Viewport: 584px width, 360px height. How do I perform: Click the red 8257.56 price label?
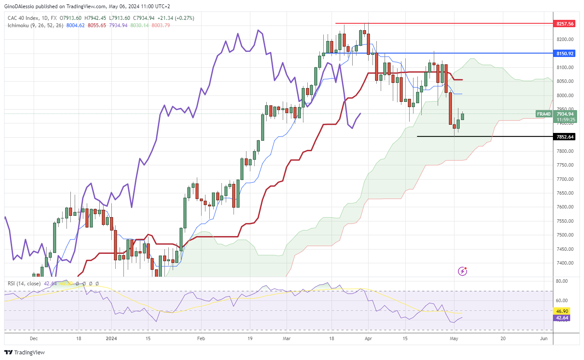point(565,24)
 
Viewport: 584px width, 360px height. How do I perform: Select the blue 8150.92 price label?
point(565,54)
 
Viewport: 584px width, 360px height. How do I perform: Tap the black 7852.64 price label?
point(565,137)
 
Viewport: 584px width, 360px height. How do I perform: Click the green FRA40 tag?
point(543,114)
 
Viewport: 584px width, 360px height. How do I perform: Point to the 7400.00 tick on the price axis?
point(565,263)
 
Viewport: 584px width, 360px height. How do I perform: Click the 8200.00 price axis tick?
point(565,39)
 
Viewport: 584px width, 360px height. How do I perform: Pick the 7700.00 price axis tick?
point(565,179)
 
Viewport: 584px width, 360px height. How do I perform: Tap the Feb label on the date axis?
point(201,339)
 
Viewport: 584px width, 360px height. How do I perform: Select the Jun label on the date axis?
point(544,339)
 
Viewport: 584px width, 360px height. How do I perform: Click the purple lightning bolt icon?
point(462,271)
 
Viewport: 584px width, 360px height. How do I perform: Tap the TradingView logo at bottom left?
point(25,352)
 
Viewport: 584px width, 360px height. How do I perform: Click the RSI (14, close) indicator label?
point(24,284)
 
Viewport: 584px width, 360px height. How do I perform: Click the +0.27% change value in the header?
point(184,18)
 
